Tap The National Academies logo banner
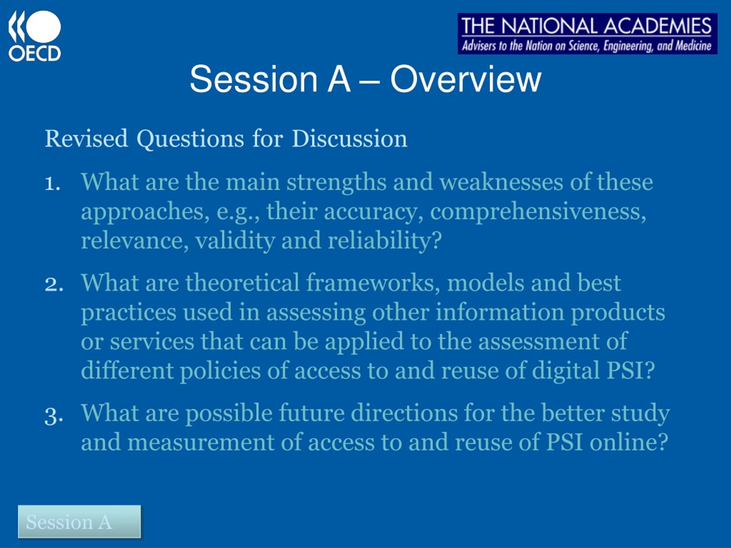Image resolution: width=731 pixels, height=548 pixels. click(587, 33)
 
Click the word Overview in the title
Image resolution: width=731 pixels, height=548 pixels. click(466, 79)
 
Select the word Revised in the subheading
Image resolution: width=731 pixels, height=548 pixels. click(86, 138)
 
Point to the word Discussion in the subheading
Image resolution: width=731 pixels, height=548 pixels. click(350, 138)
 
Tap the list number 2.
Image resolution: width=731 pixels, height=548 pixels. click(53, 284)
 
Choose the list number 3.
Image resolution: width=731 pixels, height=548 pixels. click(53, 416)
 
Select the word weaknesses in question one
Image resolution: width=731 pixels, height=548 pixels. click(501, 182)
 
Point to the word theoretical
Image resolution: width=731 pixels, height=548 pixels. click(242, 283)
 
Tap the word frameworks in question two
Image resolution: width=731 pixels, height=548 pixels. click(373, 283)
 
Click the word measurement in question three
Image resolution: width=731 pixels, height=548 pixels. click(201, 443)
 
